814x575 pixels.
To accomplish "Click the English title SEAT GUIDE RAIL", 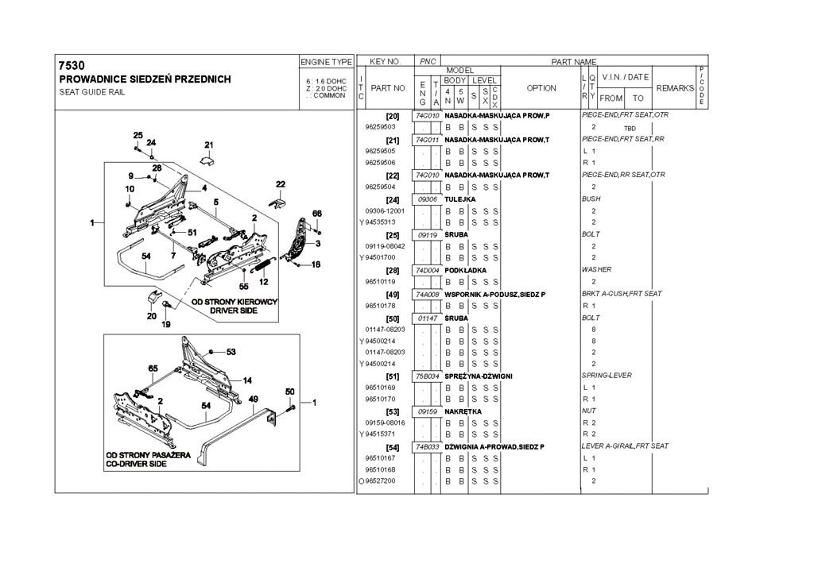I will click(x=92, y=92).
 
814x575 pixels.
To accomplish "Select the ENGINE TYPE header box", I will click(x=326, y=61).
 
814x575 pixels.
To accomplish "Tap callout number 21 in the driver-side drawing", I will click(x=209, y=145).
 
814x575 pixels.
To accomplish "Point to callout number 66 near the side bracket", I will click(x=316, y=214).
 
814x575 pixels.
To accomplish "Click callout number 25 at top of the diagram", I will click(x=138, y=135).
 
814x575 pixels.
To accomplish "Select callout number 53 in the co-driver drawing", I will click(x=231, y=351).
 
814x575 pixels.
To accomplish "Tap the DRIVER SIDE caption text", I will click(x=234, y=311).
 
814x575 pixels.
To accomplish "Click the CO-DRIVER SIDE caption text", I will click(x=137, y=464).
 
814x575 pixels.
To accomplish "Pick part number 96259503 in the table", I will click(x=380, y=127).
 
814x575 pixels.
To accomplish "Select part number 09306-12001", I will click(x=385, y=210).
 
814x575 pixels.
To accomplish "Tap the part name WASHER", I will click(x=596, y=270).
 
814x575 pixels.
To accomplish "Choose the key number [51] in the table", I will click(x=392, y=376).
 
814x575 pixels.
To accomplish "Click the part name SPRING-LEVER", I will click(x=607, y=376).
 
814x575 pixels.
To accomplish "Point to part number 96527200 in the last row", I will click(x=380, y=481).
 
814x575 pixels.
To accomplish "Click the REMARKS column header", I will click(x=675, y=88).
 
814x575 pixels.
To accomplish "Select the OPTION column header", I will click(x=541, y=88).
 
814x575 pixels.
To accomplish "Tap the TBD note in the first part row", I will click(x=630, y=128).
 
